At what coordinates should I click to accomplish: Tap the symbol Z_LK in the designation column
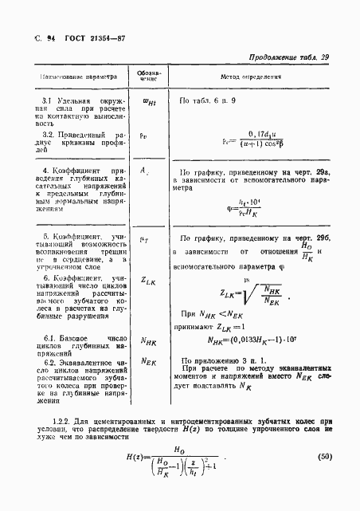click(x=147, y=280)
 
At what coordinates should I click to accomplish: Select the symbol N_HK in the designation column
click(x=147, y=340)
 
